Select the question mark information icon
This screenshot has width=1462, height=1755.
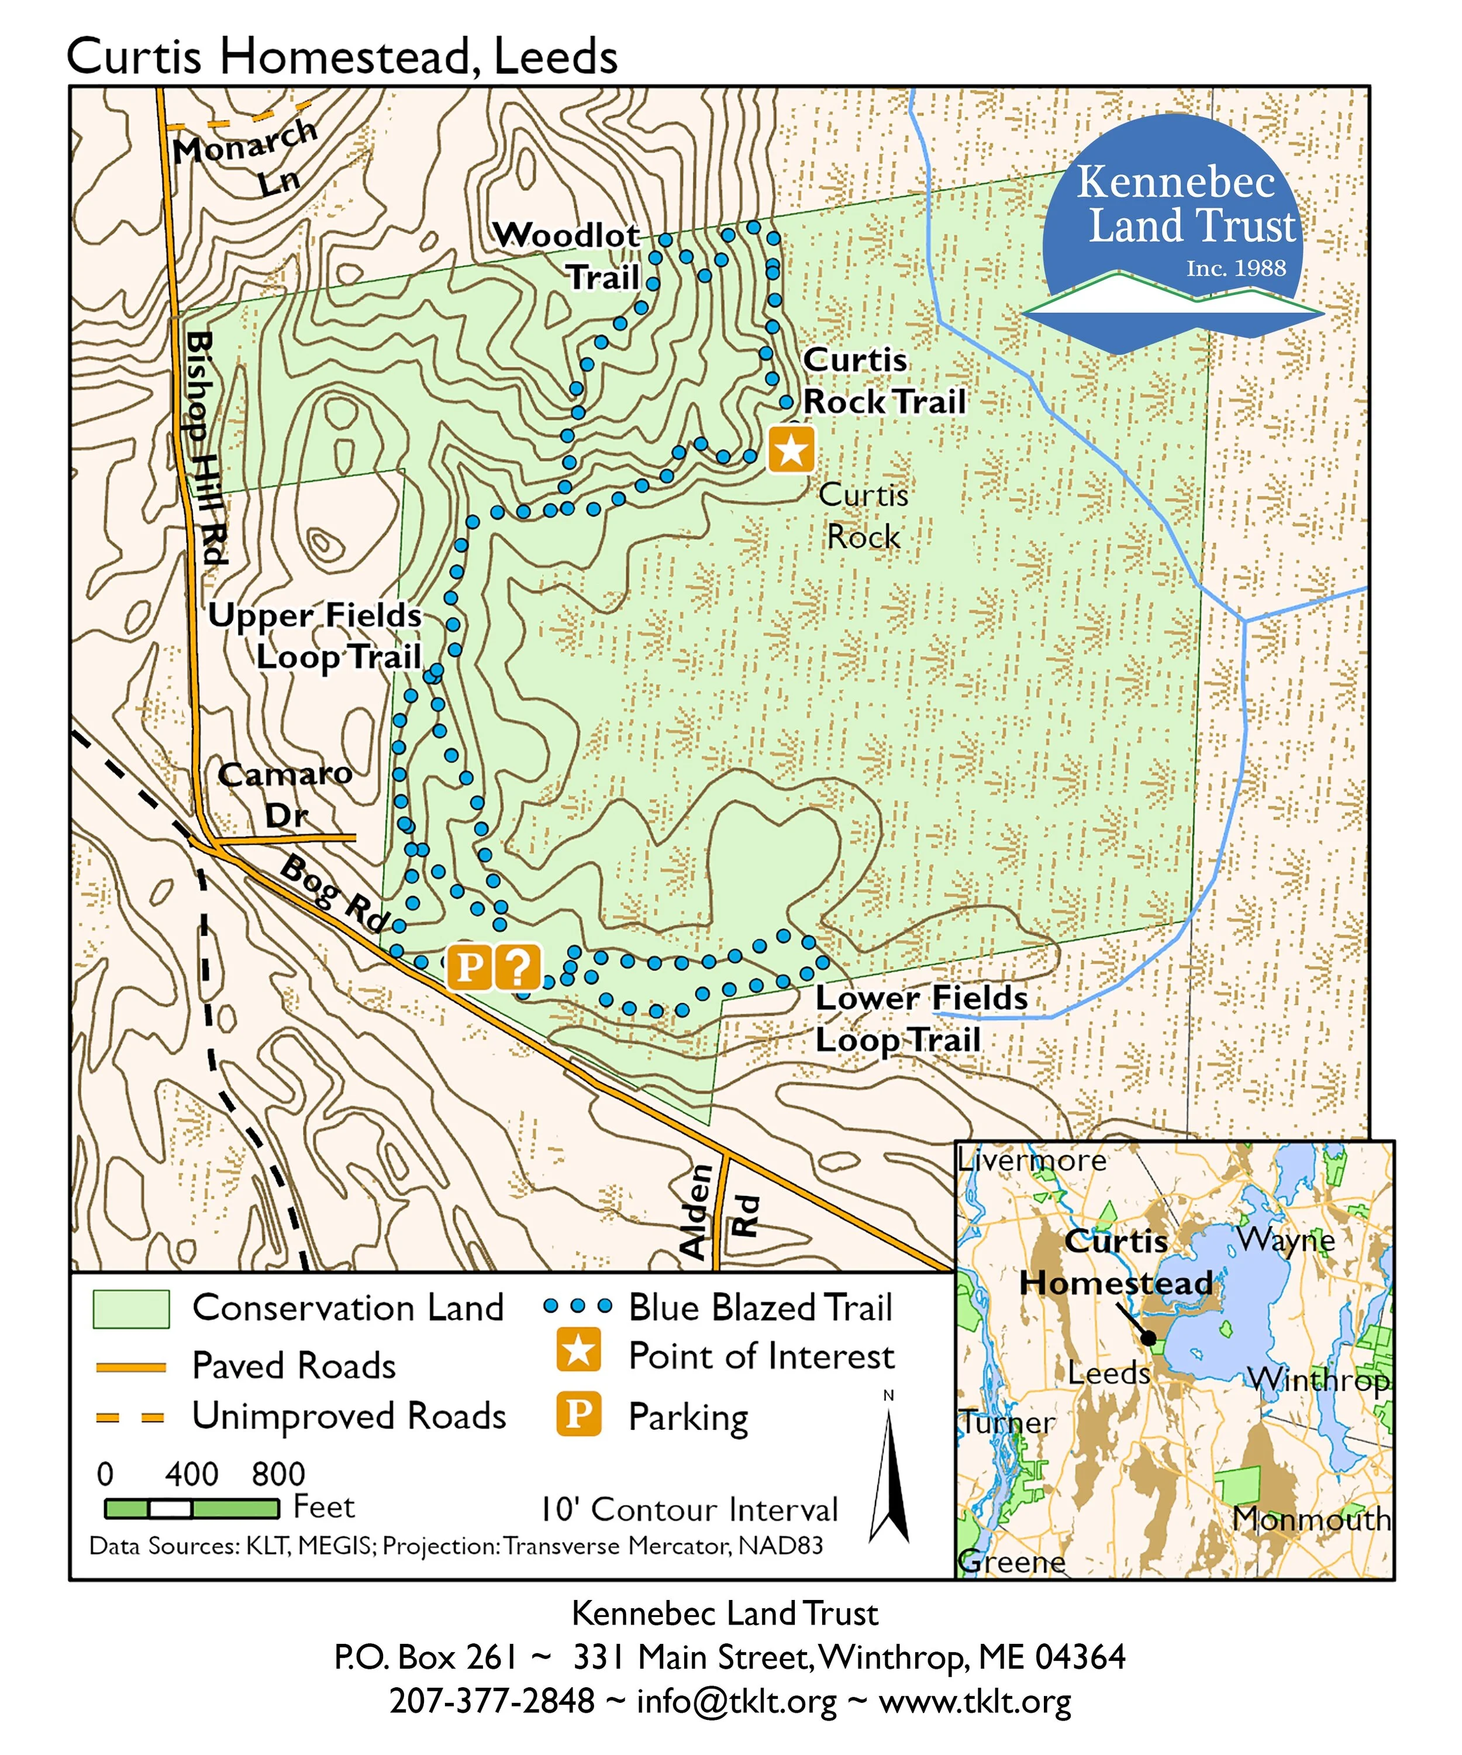518,967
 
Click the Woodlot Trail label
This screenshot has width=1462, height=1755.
577,255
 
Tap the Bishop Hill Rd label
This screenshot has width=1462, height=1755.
205,447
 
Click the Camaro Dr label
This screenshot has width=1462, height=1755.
284,794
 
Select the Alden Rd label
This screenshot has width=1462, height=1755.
719,1212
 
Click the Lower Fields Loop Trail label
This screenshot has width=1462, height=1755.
919,1018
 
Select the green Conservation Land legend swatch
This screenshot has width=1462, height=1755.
131,1309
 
